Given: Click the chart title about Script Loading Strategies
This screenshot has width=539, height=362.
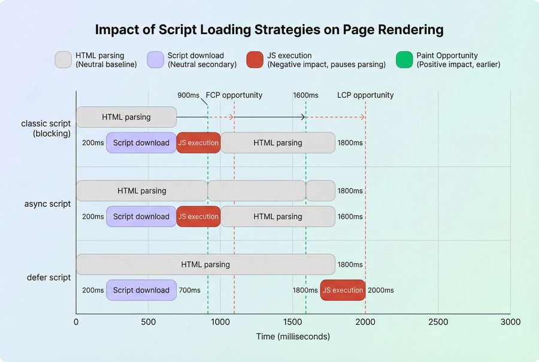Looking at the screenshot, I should tap(269, 29).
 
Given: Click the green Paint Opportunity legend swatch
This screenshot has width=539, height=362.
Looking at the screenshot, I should tap(405, 59).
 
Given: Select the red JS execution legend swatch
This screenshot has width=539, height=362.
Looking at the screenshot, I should tap(255, 59).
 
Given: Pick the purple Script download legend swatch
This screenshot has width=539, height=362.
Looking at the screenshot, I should tap(156, 59).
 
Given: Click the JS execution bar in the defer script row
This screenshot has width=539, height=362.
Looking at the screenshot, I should tap(343, 290).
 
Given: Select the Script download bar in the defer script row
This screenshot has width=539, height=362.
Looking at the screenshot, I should tap(141, 290).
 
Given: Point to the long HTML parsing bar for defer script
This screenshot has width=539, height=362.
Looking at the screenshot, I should tap(205, 264).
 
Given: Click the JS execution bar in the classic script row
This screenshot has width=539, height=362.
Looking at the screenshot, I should tap(198, 143).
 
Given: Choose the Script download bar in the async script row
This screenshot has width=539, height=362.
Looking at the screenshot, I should tap(141, 216).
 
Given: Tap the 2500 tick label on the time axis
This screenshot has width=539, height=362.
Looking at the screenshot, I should tap(438, 322).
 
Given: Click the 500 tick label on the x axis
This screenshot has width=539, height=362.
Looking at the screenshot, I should tap(149, 322).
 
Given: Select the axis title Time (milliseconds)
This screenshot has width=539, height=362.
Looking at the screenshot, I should tap(293, 336).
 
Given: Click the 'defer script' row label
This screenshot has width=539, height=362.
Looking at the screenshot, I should tap(49, 277).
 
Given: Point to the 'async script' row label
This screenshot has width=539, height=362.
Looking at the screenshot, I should tap(48, 204).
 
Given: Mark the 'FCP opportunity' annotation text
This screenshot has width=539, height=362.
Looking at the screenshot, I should tap(234, 95).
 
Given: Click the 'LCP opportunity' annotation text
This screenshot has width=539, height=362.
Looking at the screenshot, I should tap(365, 95).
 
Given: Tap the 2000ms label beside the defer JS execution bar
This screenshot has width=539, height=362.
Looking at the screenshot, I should tap(380, 290).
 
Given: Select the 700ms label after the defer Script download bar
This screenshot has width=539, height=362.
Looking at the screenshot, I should tap(189, 290).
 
